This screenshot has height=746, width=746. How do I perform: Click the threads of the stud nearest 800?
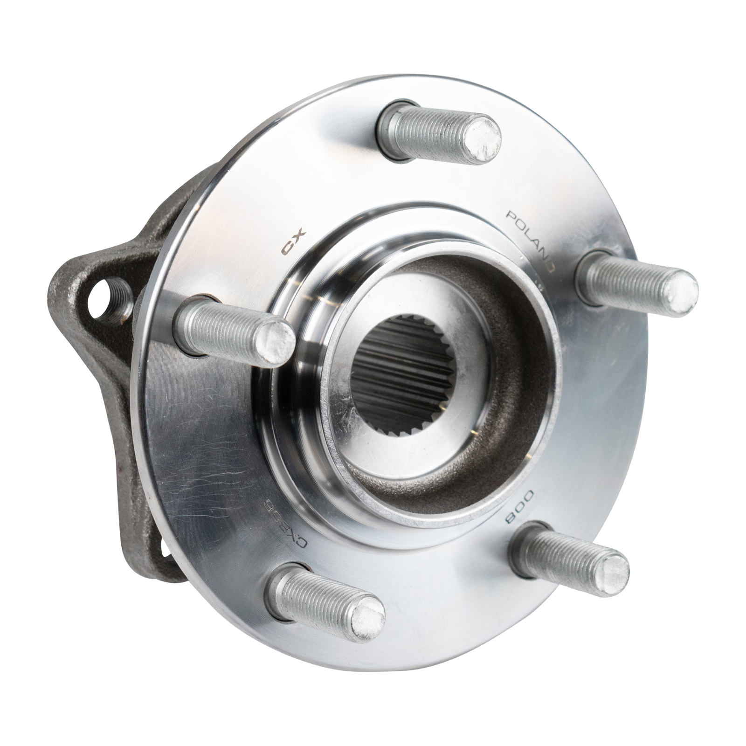click(x=559, y=559)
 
